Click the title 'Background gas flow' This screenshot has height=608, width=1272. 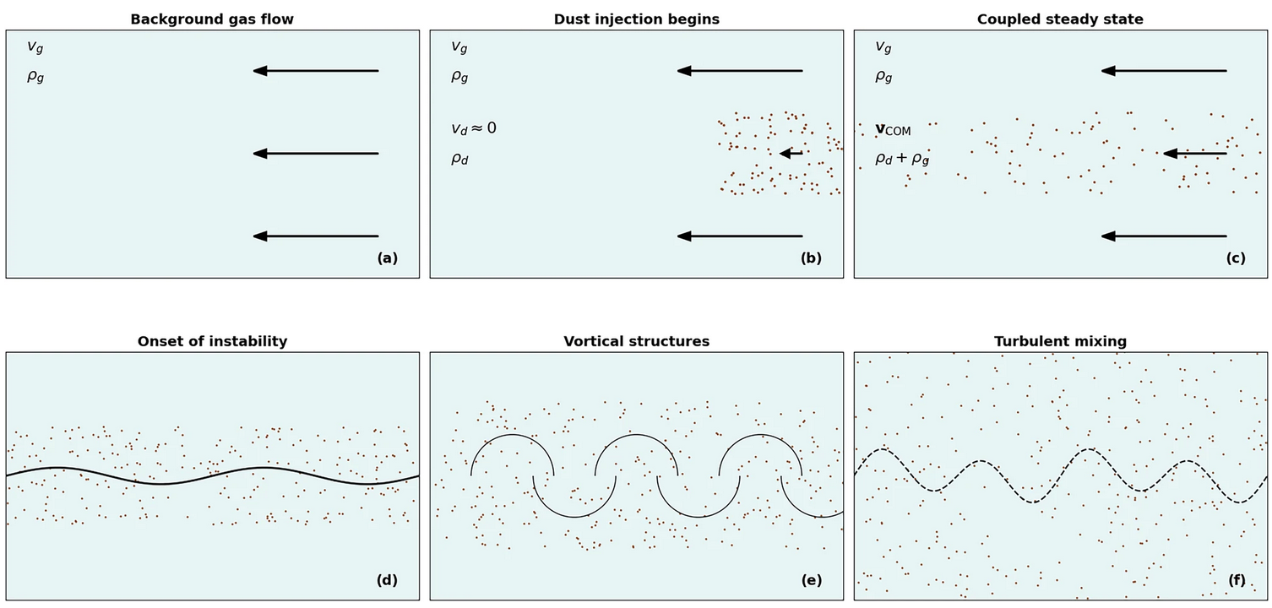click(x=212, y=19)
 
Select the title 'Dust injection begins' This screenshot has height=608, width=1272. click(x=637, y=19)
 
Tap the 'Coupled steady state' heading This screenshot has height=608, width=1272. click(x=1060, y=19)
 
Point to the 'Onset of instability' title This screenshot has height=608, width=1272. click(x=212, y=341)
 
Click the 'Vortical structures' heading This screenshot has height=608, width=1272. click(x=637, y=341)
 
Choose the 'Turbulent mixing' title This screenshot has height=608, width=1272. click(x=1060, y=341)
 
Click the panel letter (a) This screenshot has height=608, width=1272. click(x=387, y=258)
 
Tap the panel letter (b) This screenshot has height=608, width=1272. click(x=811, y=258)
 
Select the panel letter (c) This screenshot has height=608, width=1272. click(x=1235, y=258)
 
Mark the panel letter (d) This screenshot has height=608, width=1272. click(x=387, y=580)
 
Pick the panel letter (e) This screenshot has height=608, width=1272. click(x=811, y=580)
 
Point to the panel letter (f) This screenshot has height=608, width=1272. click(x=1236, y=580)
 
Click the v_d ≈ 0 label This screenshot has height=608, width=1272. click(x=474, y=128)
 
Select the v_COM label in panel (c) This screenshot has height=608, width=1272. click(x=893, y=129)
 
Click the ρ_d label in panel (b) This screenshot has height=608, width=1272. click(x=459, y=159)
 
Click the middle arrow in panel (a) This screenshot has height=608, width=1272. click(x=316, y=154)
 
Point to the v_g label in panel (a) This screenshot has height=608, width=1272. click(x=35, y=47)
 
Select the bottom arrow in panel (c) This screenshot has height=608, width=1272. click(x=1164, y=236)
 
